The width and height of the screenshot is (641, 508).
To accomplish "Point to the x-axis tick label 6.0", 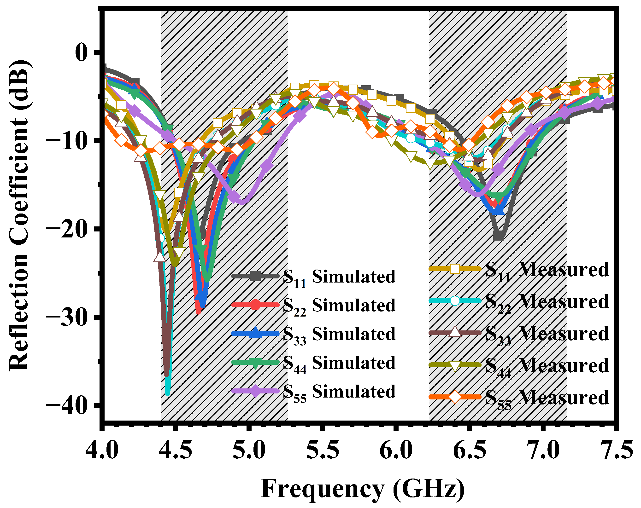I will click(396, 450).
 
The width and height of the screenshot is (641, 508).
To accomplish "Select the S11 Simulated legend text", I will click(339, 277).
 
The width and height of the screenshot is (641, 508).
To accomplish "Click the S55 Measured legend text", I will click(547, 398).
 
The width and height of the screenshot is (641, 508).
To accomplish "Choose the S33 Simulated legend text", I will click(339, 334).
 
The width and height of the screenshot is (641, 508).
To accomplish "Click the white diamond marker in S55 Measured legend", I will click(455, 397).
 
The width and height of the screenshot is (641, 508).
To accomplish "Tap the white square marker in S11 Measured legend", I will click(455, 269).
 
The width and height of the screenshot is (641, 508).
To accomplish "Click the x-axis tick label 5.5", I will click(322, 450).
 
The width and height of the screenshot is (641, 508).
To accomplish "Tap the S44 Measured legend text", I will click(547, 366).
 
